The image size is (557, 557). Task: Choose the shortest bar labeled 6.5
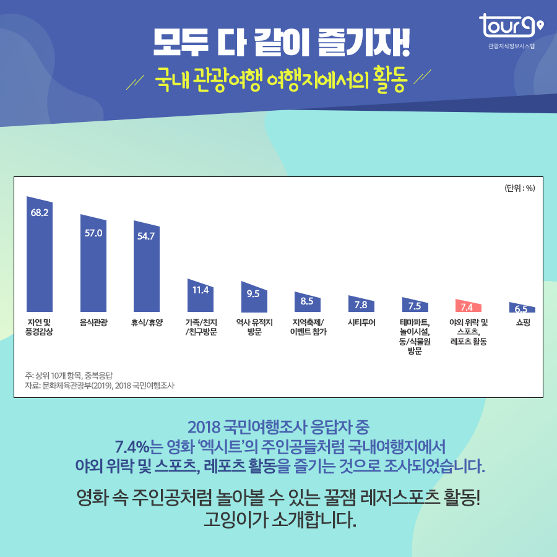pyautogui.click(x=522, y=308)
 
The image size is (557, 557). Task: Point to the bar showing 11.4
pyautogui.click(x=201, y=296)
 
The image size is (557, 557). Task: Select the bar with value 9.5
pyautogui.click(x=254, y=298)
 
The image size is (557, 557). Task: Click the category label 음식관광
pyautogui.click(x=93, y=322)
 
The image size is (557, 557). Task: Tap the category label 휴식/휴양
pyautogui.click(x=147, y=322)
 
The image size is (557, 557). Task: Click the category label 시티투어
pyautogui.click(x=361, y=322)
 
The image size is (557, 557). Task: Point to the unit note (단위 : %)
pyautogui.click(x=519, y=188)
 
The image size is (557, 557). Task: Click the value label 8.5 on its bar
pyautogui.click(x=307, y=301)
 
